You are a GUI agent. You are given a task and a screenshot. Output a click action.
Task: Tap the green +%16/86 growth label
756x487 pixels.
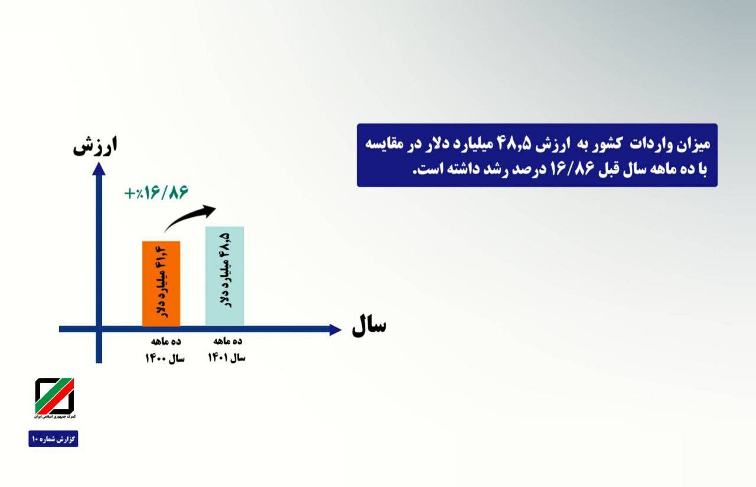(x=156, y=192)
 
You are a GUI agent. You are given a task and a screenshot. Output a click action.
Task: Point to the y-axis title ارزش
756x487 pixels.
(x=95, y=146)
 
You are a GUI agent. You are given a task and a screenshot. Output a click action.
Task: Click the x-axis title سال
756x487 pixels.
(x=369, y=326)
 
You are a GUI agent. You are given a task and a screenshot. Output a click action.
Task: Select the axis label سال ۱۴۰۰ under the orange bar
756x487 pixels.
(x=165, y=358)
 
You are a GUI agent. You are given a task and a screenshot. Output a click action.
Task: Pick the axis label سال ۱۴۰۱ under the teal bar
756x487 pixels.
(x=226, y=358)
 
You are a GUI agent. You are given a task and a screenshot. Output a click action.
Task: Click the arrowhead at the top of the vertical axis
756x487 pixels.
(x=99, y=169)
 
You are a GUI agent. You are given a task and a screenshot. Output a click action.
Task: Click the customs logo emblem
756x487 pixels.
(x=54, y=396)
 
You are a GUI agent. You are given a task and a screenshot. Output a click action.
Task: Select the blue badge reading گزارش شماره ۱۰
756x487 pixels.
(x=53, y=439)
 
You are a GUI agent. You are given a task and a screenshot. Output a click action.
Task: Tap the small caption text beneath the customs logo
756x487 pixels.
(x=55, y=417)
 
